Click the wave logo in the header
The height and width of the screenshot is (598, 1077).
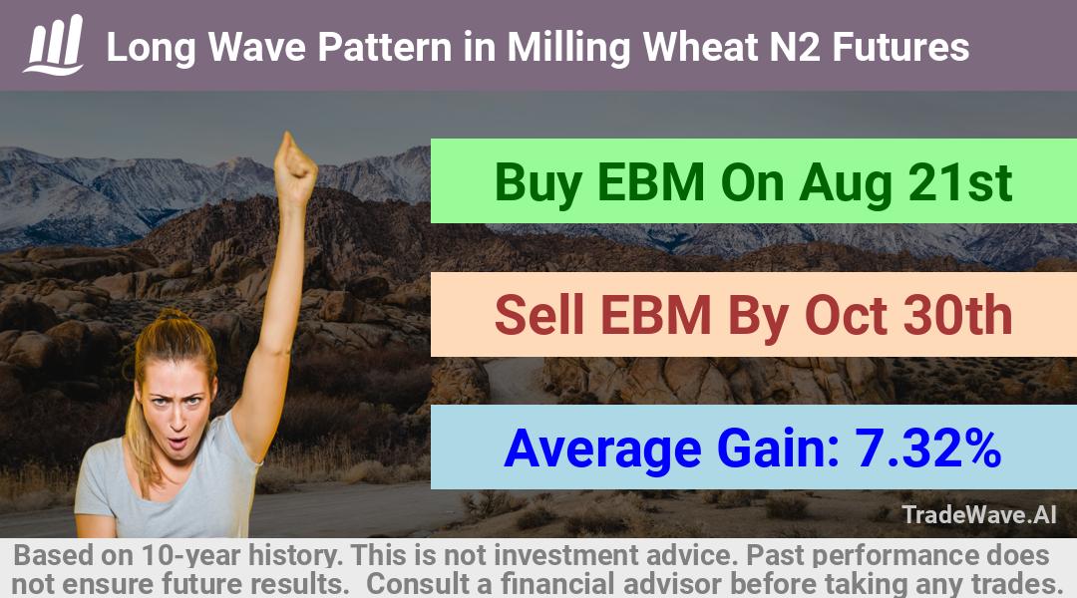coord(54,45)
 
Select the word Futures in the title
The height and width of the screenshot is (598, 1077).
coord(901,47)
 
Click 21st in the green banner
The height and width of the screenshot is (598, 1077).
coord(960,182)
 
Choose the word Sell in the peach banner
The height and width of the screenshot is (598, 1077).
coord(539,315)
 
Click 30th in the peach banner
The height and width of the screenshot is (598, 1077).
coord(958,315)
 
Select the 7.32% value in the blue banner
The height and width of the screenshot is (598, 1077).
coord(927,448)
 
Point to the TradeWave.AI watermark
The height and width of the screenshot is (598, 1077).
coord(979,514)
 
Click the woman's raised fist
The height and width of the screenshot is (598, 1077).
coord(294,163)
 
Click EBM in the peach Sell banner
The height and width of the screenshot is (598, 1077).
coord(655,315)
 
